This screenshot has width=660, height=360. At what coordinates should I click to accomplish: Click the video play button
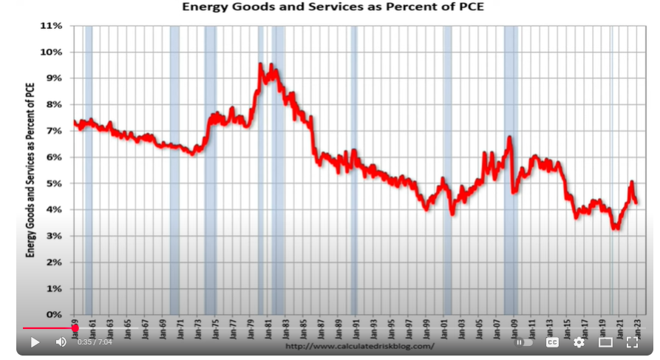click(x=35, y=342)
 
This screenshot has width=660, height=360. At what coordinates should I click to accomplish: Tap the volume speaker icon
click(x=61, y=342)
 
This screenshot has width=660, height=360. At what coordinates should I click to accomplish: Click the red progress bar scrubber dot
click(x=75, y=328)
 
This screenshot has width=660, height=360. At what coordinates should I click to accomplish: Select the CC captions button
click(x=551, y=342)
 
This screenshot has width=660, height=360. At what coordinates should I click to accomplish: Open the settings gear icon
click(x=579, y=342)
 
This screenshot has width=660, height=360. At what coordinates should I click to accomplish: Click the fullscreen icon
click(x=633, y=342)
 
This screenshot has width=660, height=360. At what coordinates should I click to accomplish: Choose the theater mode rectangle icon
click(x=605, y=342)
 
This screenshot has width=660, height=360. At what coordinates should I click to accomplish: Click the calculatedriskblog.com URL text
click(x=359, y=346)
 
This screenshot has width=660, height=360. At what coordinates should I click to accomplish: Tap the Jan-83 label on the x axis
click(x=285, y=329)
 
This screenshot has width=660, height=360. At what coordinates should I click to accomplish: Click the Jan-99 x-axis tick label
click(x=426, y=329)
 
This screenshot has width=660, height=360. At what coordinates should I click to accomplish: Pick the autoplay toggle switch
click(x=524, y=342)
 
